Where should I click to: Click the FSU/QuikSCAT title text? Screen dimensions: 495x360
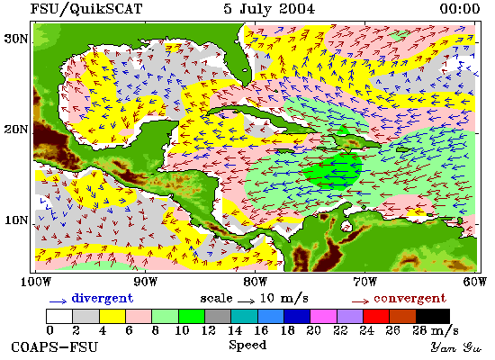86,9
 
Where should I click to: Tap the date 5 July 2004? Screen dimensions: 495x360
269,8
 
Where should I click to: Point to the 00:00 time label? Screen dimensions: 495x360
460,8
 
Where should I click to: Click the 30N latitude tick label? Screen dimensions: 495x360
16,39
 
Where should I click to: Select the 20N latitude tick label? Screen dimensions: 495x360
16,130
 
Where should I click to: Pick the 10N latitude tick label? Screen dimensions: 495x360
16,220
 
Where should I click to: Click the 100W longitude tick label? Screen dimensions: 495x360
35,282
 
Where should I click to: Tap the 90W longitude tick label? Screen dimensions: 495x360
145,282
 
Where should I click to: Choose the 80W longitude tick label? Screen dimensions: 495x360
255,282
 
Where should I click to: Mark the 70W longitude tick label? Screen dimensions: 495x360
364,282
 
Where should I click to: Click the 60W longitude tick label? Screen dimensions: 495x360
475,282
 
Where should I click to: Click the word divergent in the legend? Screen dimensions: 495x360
103,299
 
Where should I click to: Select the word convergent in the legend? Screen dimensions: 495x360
410,299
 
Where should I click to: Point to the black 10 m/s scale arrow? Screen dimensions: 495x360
247,301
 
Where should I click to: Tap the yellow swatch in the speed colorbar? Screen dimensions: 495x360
112,316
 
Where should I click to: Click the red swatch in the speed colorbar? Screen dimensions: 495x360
376,316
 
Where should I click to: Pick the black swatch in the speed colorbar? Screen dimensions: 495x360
433,316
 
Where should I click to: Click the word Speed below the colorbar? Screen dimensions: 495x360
247,345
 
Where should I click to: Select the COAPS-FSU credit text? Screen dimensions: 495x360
55,347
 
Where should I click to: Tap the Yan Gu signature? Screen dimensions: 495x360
456,347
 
